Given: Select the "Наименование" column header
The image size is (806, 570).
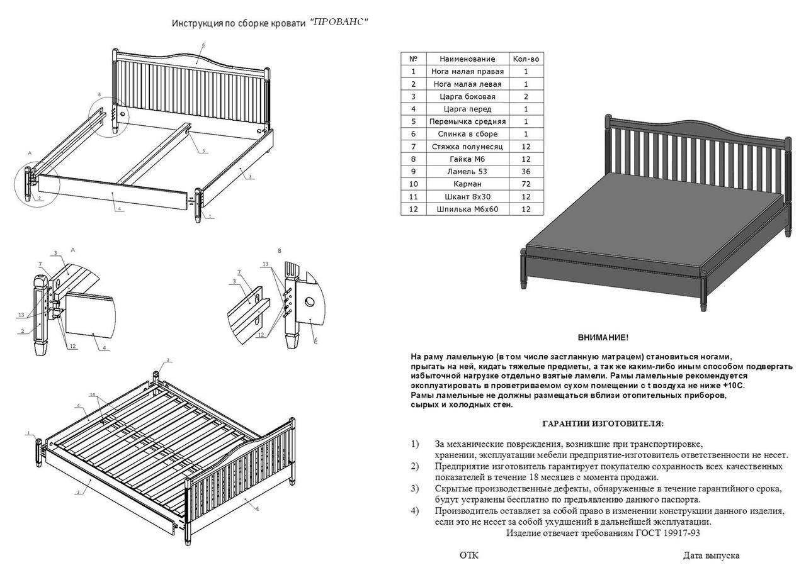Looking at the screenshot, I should click(x=467, y=59).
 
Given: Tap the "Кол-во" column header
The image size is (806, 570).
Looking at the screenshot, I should click(x=526, y=59).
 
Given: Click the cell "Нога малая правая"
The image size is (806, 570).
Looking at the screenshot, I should click(x=467, y=71).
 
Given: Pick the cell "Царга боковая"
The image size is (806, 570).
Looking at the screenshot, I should click(x=467, y=96).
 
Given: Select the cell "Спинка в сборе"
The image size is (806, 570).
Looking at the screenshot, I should click(x=467, y=134).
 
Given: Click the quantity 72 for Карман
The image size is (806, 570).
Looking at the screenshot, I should click(x=526, y=184).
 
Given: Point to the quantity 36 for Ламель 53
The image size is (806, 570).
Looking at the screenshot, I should click(x=526, y=171).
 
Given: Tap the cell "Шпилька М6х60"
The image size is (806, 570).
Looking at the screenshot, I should click(x=467, y=209).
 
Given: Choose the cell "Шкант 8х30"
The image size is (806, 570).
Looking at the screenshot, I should click(x=467, y=196).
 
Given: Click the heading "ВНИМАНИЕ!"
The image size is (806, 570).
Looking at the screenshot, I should click(x=603, y=338).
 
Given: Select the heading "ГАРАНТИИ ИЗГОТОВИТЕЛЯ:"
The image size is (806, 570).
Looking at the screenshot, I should click(x=603, y=424).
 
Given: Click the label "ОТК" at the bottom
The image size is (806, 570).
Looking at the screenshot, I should click(x=469, y=556).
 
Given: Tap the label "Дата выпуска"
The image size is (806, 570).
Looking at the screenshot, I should click(x=711, y=556).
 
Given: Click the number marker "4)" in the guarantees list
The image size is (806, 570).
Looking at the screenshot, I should click(x=414, y=511).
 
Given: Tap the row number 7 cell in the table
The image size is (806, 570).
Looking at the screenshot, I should click(x=414, y=147).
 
